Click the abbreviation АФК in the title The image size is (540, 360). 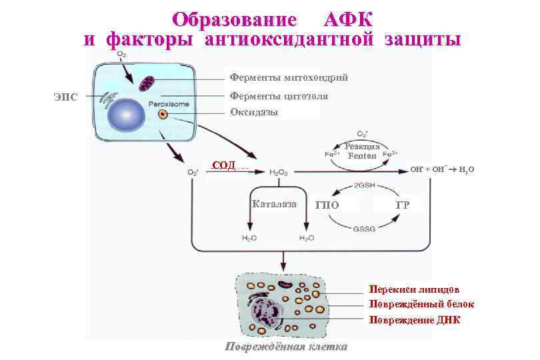pos(348,18)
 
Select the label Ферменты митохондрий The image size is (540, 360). pos(289,78)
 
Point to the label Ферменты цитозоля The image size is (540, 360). pos(279,96)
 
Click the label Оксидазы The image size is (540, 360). pos(254,112)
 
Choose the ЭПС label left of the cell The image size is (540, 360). pos(65,97)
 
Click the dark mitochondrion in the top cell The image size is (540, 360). pos(146,83)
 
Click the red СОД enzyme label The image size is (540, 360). pos(223,165)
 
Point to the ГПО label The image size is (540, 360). pos(327,205)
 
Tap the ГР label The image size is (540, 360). pos(403,205)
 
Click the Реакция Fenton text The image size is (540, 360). pos(362,151)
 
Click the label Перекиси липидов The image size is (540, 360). pos(414,290)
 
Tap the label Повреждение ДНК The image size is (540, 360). pos(414,320)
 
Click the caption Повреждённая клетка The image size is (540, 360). pos(286,347)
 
